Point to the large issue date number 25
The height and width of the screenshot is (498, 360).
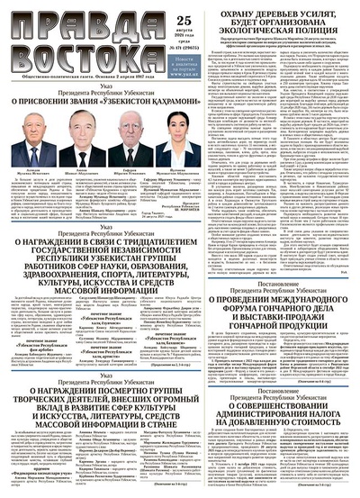159,13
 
